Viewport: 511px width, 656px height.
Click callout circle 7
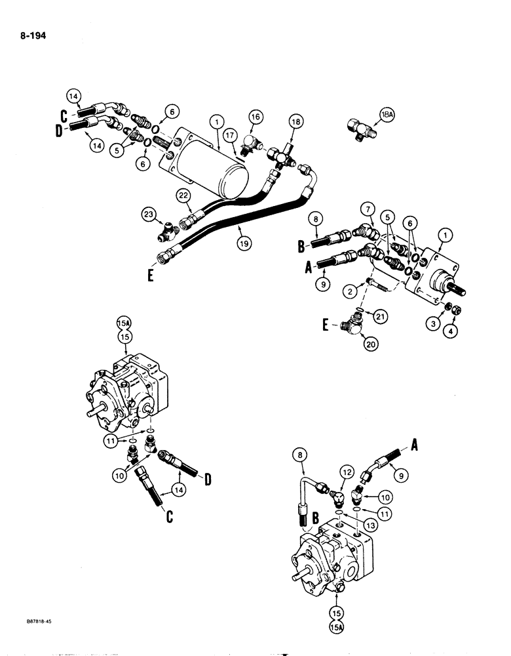click(364, 209)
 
